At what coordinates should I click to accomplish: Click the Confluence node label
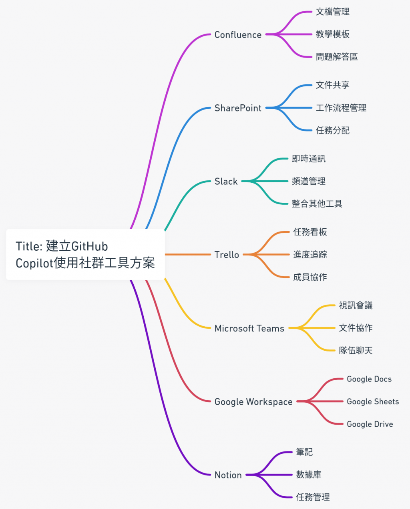(238, 35)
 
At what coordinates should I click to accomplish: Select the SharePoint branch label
(238, 108)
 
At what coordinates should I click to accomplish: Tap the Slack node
(226, 182)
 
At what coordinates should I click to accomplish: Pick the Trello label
(227, 255)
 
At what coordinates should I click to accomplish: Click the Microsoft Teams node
(249, 328)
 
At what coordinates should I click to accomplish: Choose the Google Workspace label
(253, 401)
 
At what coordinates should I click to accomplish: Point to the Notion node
(228, 475)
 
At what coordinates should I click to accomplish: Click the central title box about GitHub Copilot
(85, 254)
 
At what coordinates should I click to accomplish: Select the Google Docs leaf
(369, 379)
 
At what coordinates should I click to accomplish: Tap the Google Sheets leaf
(373, 401)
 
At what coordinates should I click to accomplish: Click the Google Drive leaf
(370, 424)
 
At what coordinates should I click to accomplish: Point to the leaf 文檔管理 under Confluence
(333, 12)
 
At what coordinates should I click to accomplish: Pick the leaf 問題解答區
(337, 57)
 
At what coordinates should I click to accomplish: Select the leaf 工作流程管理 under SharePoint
(341, 108)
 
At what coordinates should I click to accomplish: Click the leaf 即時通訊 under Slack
(309, 159)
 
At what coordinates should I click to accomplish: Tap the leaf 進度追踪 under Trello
(310, 254)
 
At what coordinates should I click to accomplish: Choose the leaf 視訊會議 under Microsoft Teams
(356, 305)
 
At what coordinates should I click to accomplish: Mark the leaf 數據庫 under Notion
(309, 475)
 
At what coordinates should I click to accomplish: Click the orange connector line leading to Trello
(188, 254)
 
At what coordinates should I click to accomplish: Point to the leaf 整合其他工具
(317, 204)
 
